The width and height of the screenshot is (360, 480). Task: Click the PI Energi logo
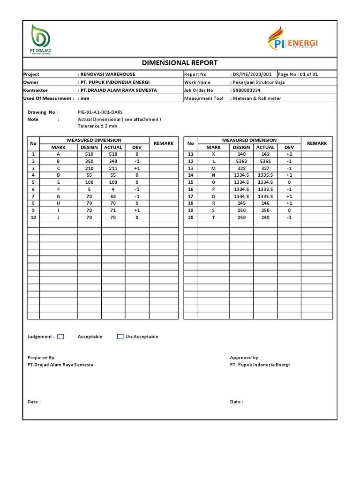click(292, 39)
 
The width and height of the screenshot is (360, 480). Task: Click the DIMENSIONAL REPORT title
click(180, 63)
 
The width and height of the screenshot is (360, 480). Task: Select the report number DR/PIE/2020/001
click(251, 74)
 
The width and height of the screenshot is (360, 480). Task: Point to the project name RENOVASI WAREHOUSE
click(108, 74)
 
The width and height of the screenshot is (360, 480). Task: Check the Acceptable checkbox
click(60, 336)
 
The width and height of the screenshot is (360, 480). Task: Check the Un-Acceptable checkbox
click(120, 336)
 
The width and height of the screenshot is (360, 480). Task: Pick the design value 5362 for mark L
click(241, 161)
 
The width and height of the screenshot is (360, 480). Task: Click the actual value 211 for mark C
click(112, 168)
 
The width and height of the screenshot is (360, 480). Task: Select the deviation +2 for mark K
click(289, 154)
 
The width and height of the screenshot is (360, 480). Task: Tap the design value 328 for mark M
click(241, 168)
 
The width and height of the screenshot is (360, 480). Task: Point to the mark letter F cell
click(59, 189)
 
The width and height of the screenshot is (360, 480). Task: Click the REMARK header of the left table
click(164, 143)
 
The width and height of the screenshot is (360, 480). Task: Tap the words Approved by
click(244, 357)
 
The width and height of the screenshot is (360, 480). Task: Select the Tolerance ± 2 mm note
click(97, 126)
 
